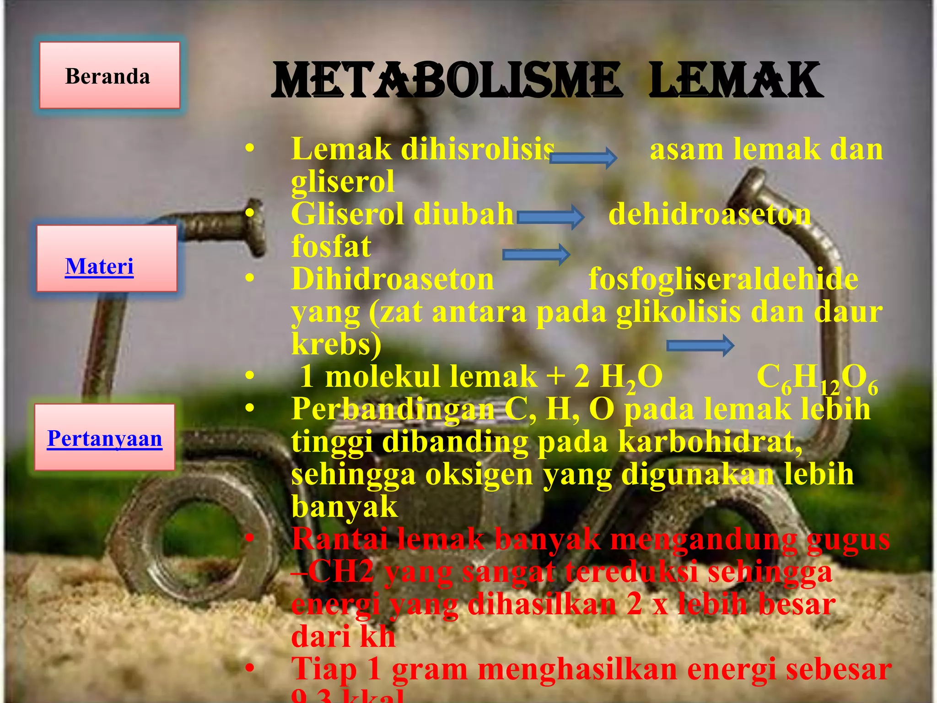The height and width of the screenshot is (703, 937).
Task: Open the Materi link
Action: tap(99, 266)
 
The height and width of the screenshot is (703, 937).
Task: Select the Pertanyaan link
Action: tap(105, 438)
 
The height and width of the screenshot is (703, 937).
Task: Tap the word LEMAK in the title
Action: tap(736, 81)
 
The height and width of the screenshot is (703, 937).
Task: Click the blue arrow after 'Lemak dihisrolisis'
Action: tap(583, 158)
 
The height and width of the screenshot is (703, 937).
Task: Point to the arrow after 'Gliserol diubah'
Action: tap(550, 216)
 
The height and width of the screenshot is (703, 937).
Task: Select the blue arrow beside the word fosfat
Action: tap(536, 254)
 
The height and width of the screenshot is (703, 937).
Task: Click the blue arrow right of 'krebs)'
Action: tap(700, 346)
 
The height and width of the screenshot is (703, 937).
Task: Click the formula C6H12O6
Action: tap(817, 378)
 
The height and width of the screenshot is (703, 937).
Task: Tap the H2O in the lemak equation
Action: tap(631, 377)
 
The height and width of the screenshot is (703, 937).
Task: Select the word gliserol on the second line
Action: tap(343, 182)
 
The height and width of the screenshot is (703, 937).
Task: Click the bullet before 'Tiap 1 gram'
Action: tap(249, 669)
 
